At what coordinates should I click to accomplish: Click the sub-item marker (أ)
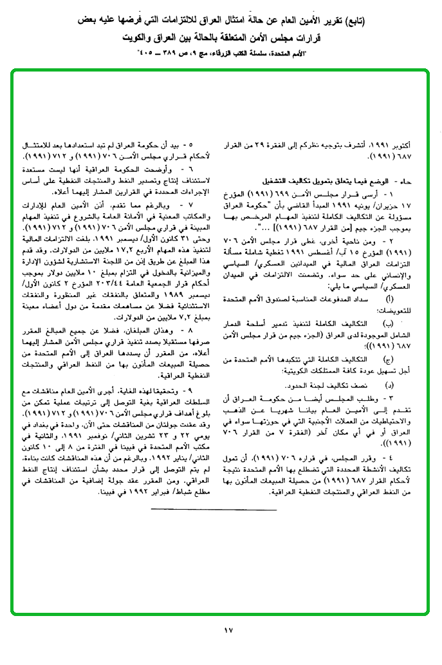(389, 300)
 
